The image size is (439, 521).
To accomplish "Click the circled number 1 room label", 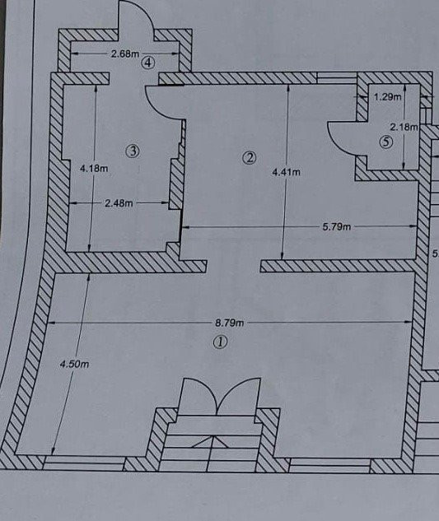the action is tap(220, 342).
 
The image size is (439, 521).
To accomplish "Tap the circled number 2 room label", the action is tap(250, 157).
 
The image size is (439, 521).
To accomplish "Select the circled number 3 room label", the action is tap(133, 151).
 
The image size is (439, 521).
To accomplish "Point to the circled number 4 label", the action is tap(148, 62).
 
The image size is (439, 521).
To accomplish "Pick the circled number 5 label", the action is tap(386, 142).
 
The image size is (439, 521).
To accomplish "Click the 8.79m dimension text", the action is tap(230, 323).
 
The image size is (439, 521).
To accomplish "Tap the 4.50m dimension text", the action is tap(74, 364).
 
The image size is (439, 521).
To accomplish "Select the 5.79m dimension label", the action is tap(337, 227).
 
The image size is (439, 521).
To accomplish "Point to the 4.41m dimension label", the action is tap(286, 172).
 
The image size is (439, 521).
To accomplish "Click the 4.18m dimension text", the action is tap(94, 169).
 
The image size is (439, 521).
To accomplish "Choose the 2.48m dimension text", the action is tap(119, 203).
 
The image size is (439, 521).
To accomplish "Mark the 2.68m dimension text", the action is tap(125, 53).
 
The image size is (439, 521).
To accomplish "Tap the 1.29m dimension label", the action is tap(387, 97).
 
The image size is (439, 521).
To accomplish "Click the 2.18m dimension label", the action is tap(404, 127).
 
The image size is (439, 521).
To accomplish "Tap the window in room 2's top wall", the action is tap(337, 77).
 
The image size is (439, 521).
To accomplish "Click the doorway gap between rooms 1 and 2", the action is tap(233, 266).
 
